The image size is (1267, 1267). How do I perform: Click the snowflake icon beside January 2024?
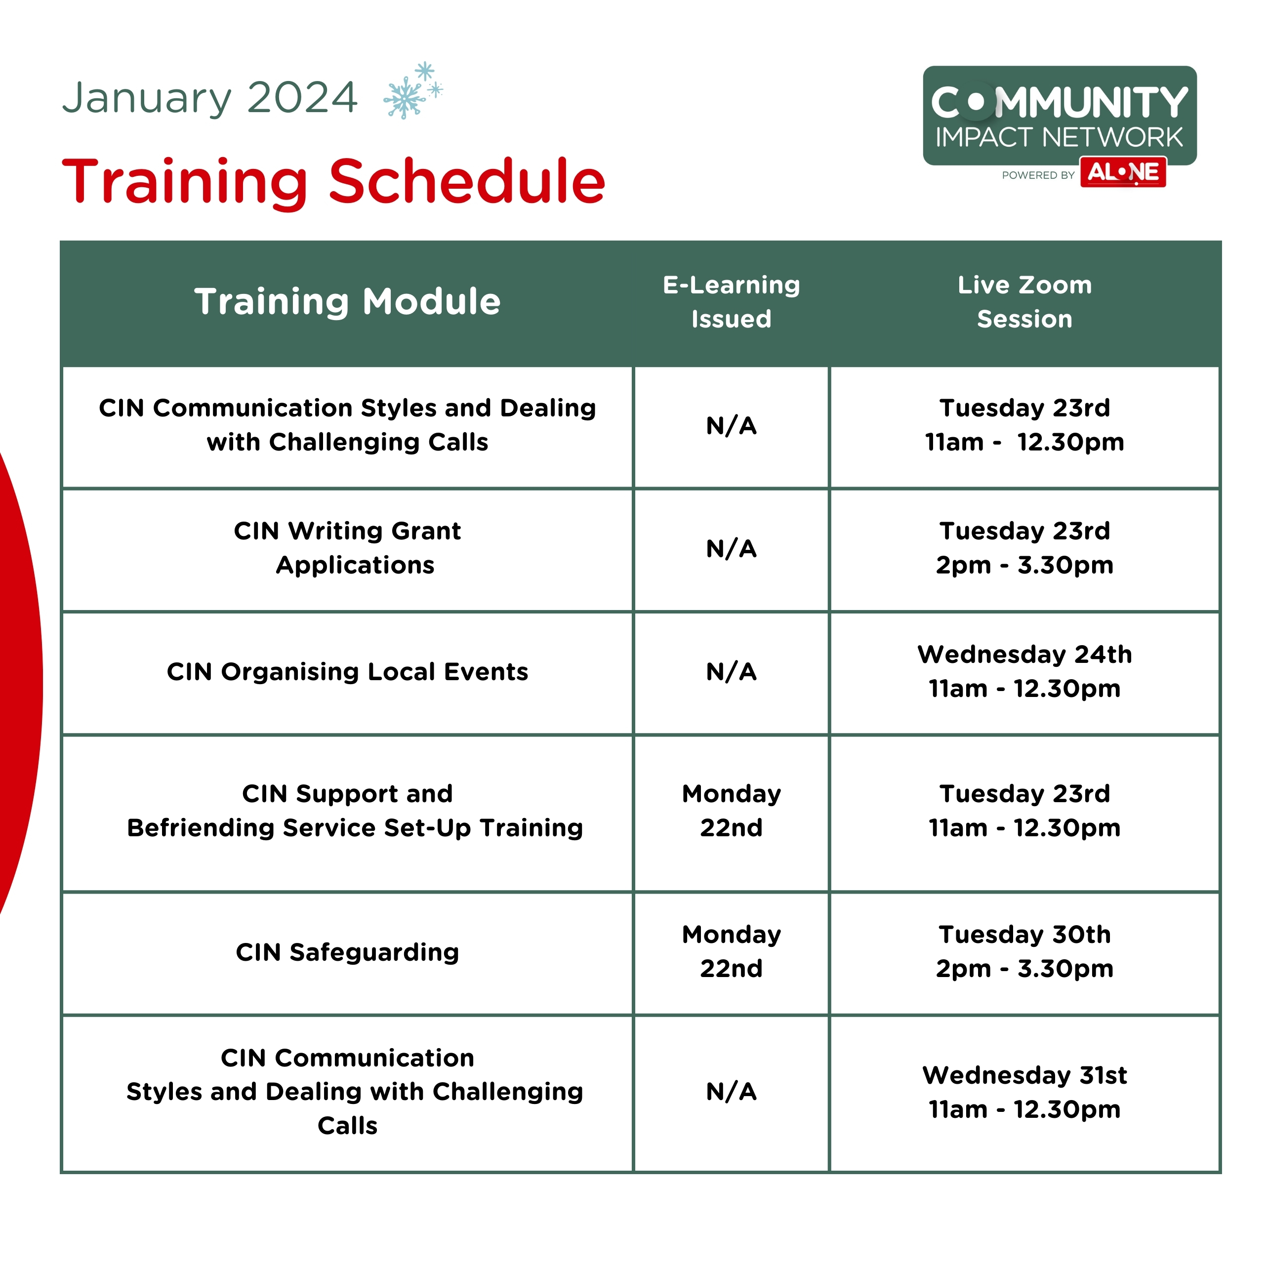[x=413, y=90]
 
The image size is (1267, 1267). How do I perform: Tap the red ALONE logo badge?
[x=1123, y=172]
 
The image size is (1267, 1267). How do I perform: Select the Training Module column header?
[x=348, y=302]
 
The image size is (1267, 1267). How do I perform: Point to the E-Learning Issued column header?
[x=731, y=302]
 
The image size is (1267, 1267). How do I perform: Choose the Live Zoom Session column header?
[x=1024, y=302]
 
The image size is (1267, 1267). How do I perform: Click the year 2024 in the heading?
[x=302, y=98]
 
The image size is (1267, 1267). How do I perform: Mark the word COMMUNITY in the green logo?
[x=1059, y=103]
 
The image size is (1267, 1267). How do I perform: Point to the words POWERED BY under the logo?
[x=1038, y=175]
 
